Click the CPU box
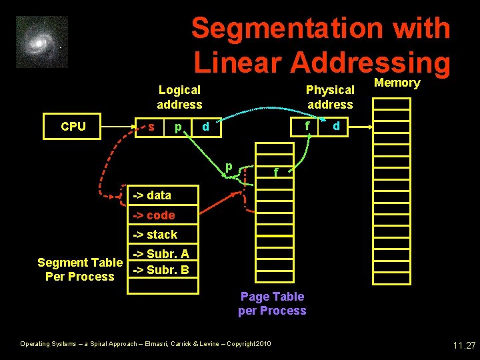(x=73, y=127)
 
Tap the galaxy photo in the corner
(x=42, y=42)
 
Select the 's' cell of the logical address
(x=153, y=127)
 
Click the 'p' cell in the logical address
(x=177, y=127)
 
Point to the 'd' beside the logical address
(x=206, y=126)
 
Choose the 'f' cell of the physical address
(x=307, y=126)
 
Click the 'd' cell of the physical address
(x=336, y=126)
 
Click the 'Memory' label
(x=397, y=83)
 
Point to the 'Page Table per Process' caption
(x=272, y=303)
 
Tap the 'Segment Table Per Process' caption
(x=80, y=269)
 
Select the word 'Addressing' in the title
(x=371, y=62)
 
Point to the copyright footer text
(x=145, y=344)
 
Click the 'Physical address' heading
(x=330, y=97)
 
